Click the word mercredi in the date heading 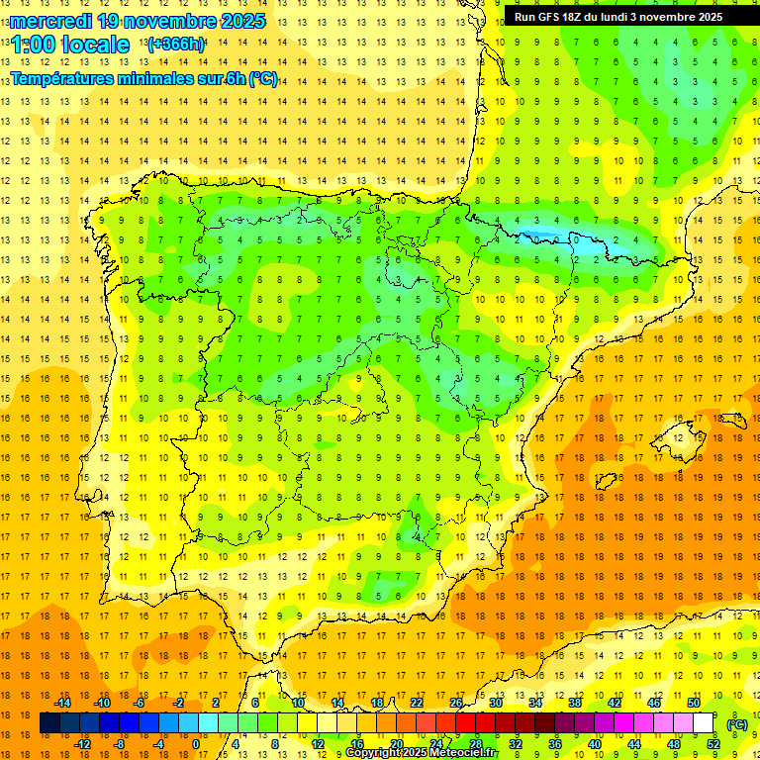pos(50,21)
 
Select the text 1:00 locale pos(70,45)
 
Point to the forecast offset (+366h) pos(176,45)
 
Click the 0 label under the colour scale pos(196,744)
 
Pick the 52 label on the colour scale pos(713,744)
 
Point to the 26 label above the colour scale pos(456,703)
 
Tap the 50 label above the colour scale pos(694,703)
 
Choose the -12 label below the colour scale pos(82,744)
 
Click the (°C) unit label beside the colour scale pos(736,724)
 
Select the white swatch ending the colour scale pos(703,723)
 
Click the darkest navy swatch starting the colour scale pos(49,723)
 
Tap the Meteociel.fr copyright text pos(423,753)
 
